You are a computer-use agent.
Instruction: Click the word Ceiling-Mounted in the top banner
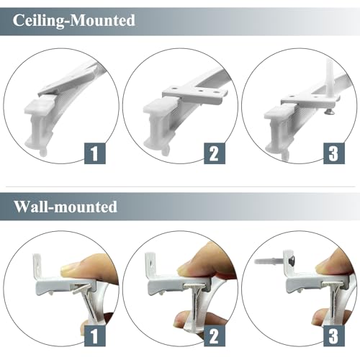tap(74, 20)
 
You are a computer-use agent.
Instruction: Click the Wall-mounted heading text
tap(66, 207)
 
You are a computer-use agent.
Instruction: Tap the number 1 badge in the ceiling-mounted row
tap(95, 153)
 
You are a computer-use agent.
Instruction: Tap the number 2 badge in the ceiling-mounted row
tap(215, 153)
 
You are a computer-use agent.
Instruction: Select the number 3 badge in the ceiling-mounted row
tap(334, 153)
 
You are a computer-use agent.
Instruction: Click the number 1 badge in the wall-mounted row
tap(95, 336)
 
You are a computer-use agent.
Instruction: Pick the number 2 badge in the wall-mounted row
tap(215, 336)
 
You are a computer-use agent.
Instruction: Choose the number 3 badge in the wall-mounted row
tap(334, 336)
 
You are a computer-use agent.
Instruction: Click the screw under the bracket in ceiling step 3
tap(328, 111)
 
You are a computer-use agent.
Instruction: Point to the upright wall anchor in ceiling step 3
tap(328, 74)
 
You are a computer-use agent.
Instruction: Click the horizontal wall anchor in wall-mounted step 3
tap(269, 261)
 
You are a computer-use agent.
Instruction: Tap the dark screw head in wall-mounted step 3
tap(292, 259)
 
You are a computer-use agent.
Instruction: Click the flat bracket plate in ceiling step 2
tap(195, 94)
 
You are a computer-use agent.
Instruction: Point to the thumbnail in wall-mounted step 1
tap(70, 270)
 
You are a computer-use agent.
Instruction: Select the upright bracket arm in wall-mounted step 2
tap(150, 264)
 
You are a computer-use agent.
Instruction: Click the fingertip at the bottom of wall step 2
tap(183, 319)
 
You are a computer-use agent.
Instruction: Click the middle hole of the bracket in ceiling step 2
tap(201, 91)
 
